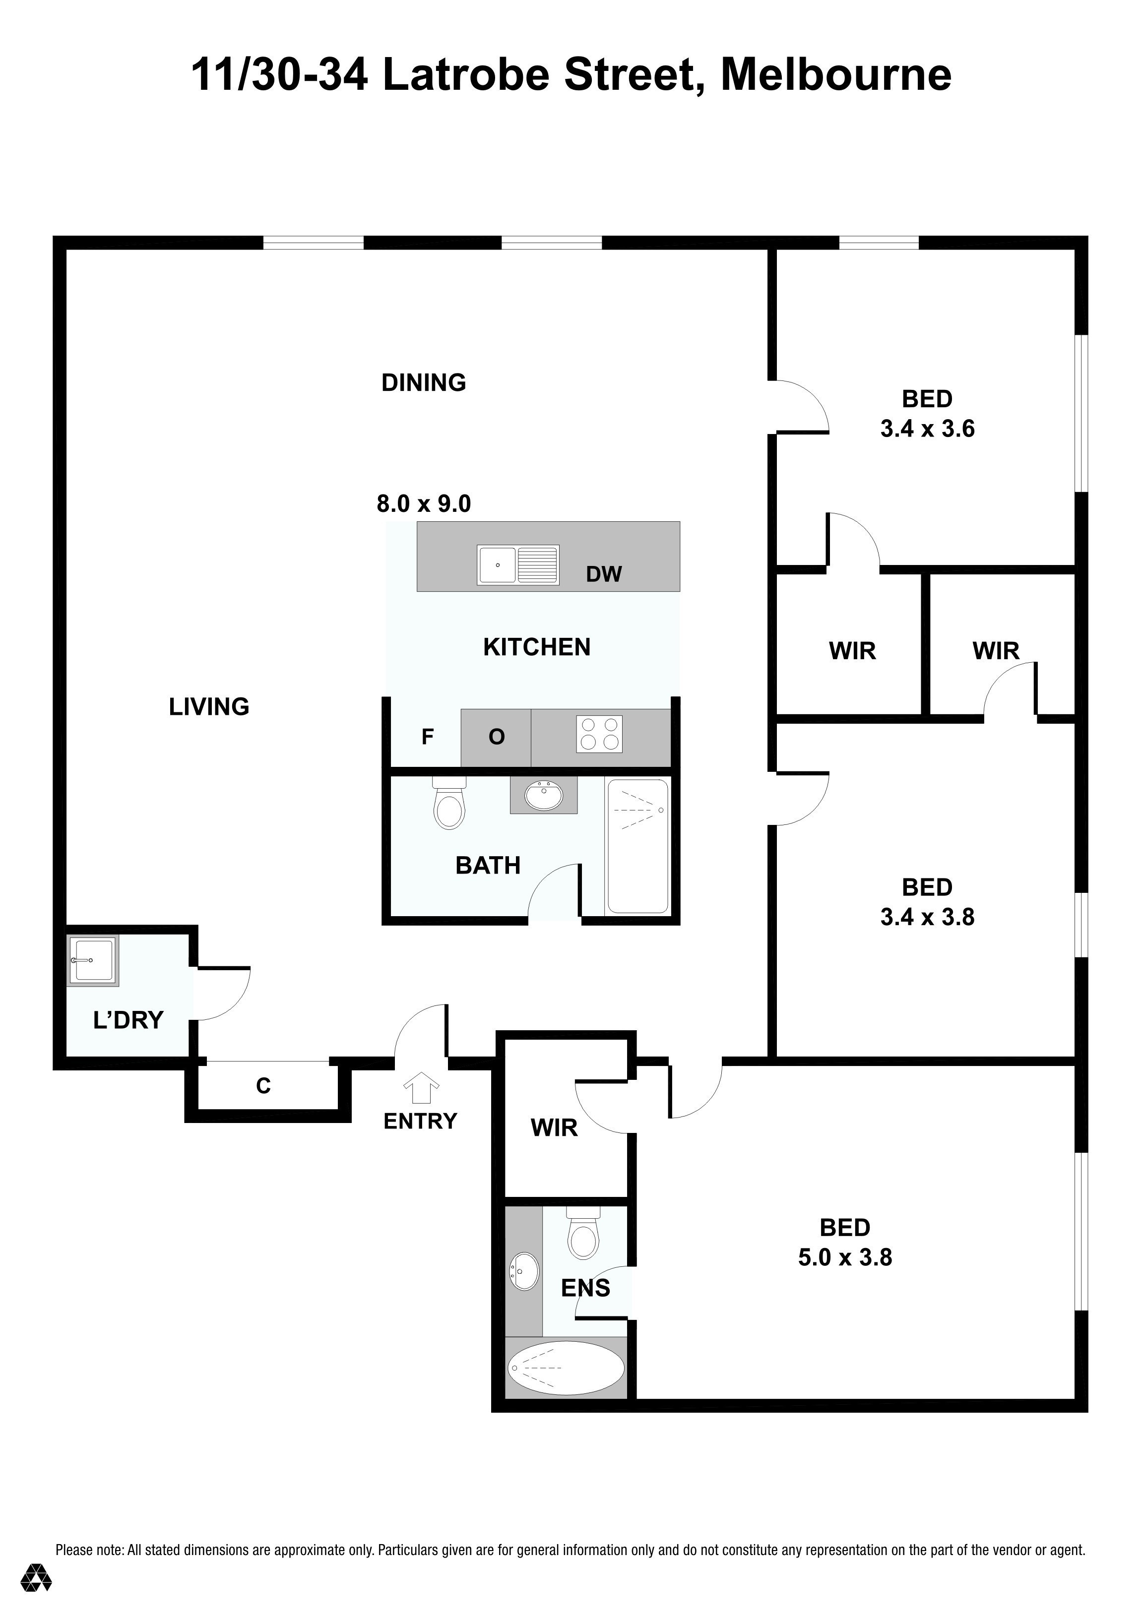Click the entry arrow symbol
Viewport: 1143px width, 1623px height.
pyautogui.click(x=421, y=1088)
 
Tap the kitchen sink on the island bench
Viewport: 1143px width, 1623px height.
pyautogui.click(x=518, y=565)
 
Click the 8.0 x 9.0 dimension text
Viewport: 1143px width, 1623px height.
pyautogui.click(x=423, y=504)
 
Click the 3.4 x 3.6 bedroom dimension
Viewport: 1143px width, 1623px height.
pyautogui.click(x=927, y=429)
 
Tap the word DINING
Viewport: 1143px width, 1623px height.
pyautogui.click(x=423, y=382)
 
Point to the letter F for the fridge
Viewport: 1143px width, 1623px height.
pyautogui.click(x=427, y=737)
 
